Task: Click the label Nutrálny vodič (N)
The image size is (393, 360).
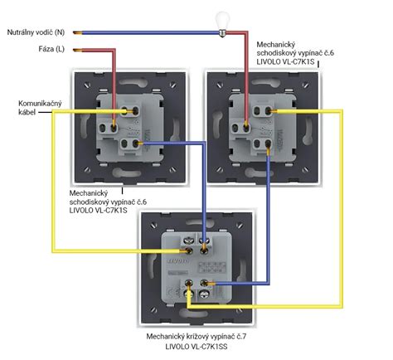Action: pos(36,32)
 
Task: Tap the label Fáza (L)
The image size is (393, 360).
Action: pos(51,49)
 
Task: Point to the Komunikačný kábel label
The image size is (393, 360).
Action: pos(40,108)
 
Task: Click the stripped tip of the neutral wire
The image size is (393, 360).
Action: pos(78,33)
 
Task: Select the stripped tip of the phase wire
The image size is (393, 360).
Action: pos(78,51)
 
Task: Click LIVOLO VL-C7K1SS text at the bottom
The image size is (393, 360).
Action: pos(196,347)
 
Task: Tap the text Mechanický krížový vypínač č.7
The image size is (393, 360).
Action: pos(196,337)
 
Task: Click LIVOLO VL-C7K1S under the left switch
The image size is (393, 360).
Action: pos(98,210)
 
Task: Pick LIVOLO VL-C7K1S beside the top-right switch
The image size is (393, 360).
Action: pos(285,61)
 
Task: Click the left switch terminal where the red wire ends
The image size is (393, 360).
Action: pos(114,128)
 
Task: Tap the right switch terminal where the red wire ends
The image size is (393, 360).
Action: pos(246,128)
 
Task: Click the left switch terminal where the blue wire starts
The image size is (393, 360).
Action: pos(135,144)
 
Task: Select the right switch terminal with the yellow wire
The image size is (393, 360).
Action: pos(268,111)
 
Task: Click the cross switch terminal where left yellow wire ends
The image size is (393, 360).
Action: pos(189,251)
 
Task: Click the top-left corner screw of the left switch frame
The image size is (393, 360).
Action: pos(87,85)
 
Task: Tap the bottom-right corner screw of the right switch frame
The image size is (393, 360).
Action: pos(305,169)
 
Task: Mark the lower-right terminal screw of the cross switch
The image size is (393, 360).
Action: pos(204,294)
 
